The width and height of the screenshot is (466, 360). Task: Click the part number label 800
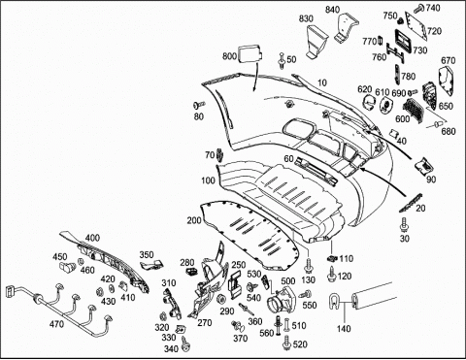pyautogui.click(x=229, y=56)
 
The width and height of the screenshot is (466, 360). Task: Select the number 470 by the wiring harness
pyautogui.click(x=56, y=323)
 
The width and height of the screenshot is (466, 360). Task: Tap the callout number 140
pyautogui.click(x=344, y=329)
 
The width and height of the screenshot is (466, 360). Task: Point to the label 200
pyautogui.click(x=194, y=220)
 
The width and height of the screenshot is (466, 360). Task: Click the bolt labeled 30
pyautogui.click(x=404, y=224)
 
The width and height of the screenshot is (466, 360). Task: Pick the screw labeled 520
pyautogui.click(x=286, y=343)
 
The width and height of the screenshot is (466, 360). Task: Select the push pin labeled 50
pyautogui.click(x=282, y=61)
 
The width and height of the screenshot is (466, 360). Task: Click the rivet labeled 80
pyautogui.click(x=199, y=105)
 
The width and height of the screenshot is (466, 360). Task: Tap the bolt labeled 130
pyautogui.click(x=308, y=266)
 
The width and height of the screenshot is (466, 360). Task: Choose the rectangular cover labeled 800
pyautogui.click(x=250, y=52)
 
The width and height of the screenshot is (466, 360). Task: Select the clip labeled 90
pyautogui.click(x=423, y=166)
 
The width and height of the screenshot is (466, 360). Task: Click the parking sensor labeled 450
pyautogui.click(x=67, y=267)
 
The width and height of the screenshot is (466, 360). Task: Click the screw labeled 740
pyautogui.click(x=418, y=8)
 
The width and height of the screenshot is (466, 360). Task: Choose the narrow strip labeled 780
pyautogui.click(x=397, y=74)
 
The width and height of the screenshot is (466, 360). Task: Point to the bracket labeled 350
pyautogui.click(x=153, y=264)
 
